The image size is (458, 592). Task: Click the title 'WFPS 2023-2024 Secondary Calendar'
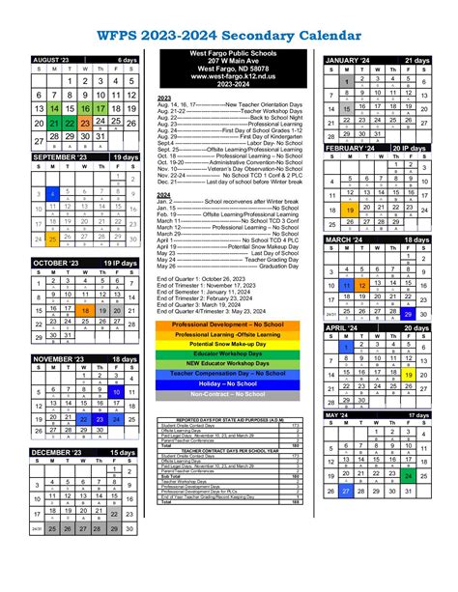coord(228,36)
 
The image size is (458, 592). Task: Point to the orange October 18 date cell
coord(87,310)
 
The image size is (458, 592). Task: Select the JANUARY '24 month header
coord(348,60)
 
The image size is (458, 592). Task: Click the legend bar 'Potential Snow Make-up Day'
coord(229,344)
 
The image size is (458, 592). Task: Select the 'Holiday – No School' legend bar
coord(229,383)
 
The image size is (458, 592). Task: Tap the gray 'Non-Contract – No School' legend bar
coord(229,396)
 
